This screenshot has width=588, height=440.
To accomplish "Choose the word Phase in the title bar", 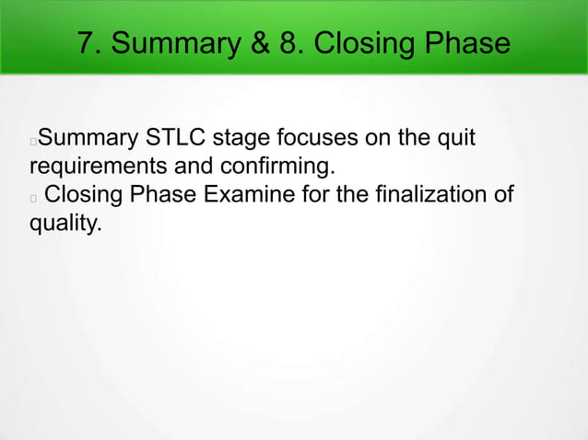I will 465,42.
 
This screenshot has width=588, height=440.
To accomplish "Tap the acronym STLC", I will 174,140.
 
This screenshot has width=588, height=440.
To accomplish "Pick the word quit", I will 455,140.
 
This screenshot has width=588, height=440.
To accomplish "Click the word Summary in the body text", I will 88,140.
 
